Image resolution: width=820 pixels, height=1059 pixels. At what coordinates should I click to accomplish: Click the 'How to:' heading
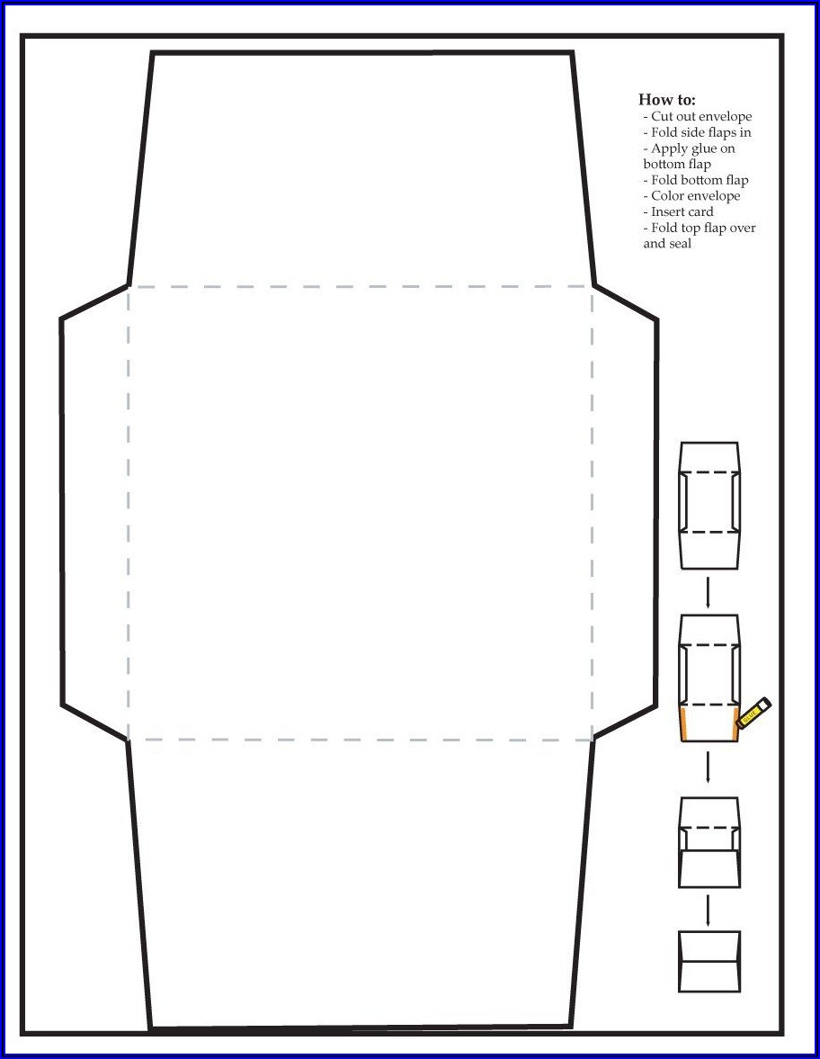coord(667,100)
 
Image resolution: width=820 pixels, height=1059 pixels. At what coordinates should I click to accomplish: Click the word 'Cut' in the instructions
coord(661,116)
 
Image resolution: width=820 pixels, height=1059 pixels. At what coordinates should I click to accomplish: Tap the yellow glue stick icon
coord(753,713)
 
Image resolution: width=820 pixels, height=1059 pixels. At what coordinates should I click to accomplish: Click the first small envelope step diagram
coord(709,505)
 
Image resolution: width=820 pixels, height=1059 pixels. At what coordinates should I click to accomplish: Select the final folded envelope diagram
coord(709,962)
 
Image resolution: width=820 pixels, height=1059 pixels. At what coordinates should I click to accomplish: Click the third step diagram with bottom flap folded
coord(709,842)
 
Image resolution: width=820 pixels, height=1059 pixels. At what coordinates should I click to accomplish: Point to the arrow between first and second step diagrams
coord(708,592)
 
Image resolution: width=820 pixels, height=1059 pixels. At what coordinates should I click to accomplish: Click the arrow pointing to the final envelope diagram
coord(708,911)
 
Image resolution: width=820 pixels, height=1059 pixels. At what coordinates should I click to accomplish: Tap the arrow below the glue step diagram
coord(708,767)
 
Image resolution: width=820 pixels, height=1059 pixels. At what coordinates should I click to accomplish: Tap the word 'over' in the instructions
coord(743,229)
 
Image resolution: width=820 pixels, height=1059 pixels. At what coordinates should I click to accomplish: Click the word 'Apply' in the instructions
coord(670,149)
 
